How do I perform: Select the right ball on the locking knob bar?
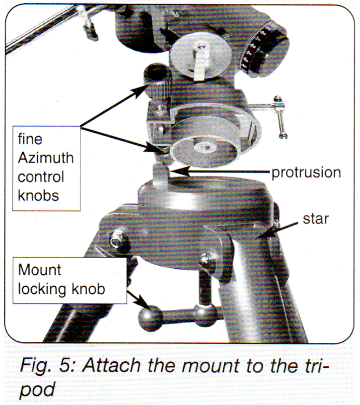tap(204, 314)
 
